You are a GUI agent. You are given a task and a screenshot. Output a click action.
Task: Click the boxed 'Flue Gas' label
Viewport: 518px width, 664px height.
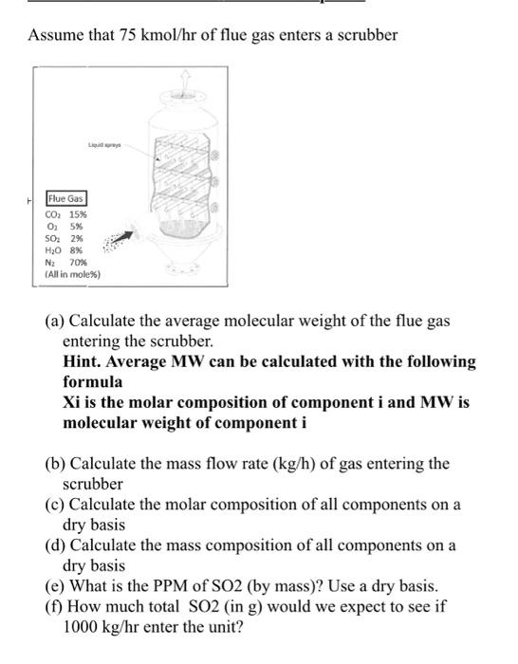coord(66,201)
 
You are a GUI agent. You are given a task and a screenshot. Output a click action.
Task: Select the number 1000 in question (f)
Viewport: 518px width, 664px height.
coord(81,627)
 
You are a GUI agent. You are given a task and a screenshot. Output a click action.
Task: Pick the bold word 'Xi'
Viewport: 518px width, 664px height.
coord(72,402)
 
